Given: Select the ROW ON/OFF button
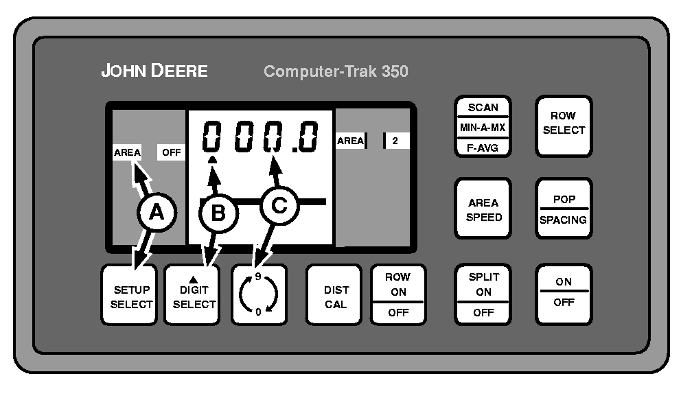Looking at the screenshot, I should [398, 294].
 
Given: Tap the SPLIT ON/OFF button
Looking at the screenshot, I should [483, 294].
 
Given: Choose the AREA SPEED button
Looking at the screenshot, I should [483, 209].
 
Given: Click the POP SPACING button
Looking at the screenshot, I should [563, 209].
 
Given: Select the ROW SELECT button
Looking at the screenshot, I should [564, 124].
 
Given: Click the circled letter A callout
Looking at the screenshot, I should [157, 213].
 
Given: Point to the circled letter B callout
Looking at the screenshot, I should [218, 213].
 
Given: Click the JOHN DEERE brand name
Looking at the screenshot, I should [154, 71].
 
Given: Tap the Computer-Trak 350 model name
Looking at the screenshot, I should [336, 71].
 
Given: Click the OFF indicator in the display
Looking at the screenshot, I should [171, 153].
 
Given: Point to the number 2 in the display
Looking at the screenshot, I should [395, 141].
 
